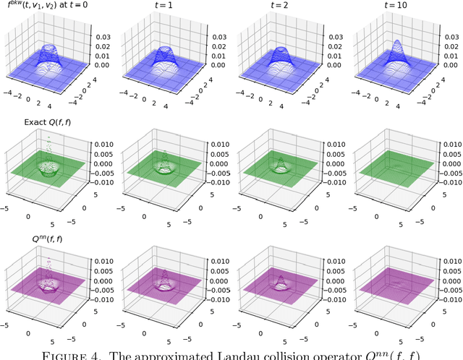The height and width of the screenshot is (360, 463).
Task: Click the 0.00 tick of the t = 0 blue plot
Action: pyautogui.click(x=100, y=65)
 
